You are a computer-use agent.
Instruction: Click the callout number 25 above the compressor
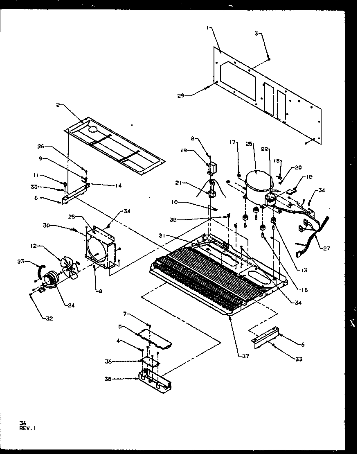tap(249, 144)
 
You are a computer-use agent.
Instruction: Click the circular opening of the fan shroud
tap(97, 251)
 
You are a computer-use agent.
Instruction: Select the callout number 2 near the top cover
tap(58, 105)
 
